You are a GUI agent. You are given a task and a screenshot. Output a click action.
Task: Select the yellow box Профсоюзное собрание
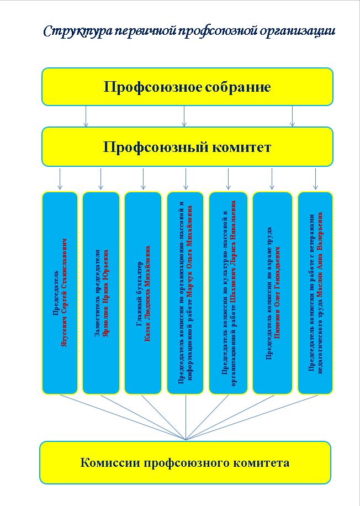click(187, 87)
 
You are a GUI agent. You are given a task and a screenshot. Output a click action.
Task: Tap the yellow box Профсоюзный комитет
click(187, 147)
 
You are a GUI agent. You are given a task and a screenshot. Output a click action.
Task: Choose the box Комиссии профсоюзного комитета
click(185, 462)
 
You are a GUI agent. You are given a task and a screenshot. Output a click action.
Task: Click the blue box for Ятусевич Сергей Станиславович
click(60, 293)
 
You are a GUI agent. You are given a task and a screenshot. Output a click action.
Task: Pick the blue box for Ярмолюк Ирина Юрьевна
click(101, 293)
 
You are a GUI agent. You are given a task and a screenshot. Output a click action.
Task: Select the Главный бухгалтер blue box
click(143, 293)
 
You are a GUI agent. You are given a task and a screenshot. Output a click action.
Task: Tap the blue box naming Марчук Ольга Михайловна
click(186, 293)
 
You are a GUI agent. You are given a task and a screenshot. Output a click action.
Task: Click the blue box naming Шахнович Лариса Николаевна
click(229, 293)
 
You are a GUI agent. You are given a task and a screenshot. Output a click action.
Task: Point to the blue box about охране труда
click(272, 293)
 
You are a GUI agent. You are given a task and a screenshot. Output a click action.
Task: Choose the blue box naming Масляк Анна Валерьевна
click(315, 293)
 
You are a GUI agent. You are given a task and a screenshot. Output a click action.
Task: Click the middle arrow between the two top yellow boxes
click(184, 116)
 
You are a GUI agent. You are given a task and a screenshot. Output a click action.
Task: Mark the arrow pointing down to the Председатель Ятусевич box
click(60, 178)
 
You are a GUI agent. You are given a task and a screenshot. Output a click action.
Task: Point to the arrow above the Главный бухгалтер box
click(143, 178)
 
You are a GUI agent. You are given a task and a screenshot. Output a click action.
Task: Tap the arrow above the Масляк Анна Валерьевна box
click(315, 178)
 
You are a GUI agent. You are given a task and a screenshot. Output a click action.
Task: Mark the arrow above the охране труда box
click(272, 178)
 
